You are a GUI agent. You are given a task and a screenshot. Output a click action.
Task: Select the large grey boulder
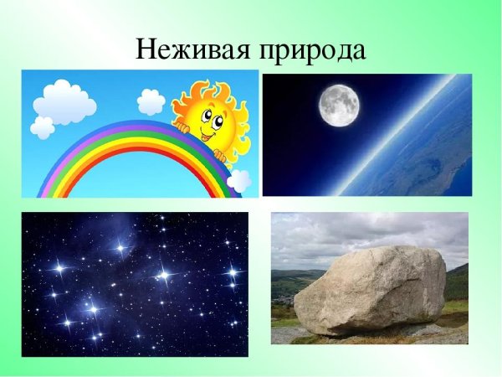(372, 289)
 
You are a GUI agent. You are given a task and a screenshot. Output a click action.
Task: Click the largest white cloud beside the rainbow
(65, 101)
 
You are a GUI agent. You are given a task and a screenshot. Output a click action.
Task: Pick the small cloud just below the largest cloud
(42, 127)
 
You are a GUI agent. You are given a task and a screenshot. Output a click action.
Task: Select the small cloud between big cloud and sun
(151, 101)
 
